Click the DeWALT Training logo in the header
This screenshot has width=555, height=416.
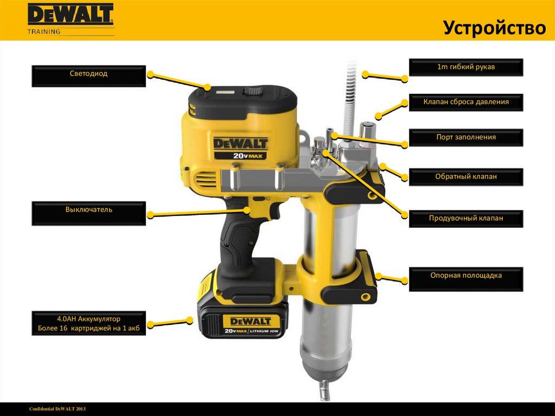click(71, 20)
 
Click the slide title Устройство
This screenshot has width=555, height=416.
click(494, 27)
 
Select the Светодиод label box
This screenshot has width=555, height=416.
click(88, 76)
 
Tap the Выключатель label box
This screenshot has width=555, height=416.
click(88, 213)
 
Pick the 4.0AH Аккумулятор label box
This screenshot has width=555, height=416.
click(88, 323)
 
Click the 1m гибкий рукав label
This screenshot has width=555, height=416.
click(466, 67)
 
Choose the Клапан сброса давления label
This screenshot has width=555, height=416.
click(466, 103)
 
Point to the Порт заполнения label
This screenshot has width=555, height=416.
click(466, 137)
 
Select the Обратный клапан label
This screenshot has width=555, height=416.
click(466, 177)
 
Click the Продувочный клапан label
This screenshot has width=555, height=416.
click(466, 219)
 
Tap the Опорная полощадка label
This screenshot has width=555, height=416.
click(466, 279)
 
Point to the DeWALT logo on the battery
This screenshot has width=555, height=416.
click(250, 322)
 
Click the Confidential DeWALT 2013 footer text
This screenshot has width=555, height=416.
click(57, 409)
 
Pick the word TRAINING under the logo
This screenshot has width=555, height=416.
click(44, 31)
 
